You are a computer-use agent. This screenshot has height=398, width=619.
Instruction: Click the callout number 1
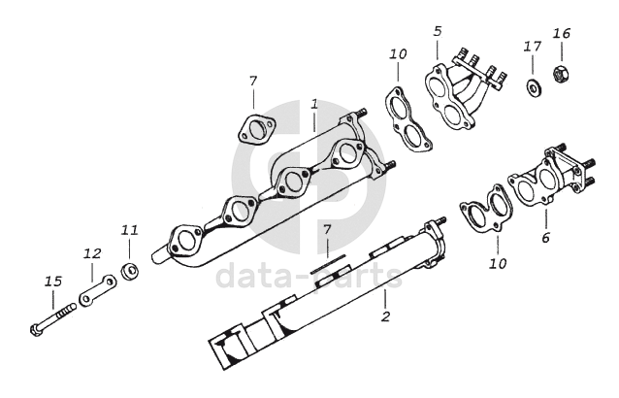(314, 102)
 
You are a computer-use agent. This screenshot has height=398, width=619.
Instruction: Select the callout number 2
(385, 316)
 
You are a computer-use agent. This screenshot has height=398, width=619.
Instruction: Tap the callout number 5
(438, 31)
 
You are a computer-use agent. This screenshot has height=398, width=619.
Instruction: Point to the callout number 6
(545, 237)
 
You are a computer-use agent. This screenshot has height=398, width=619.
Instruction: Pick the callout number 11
(130, 230)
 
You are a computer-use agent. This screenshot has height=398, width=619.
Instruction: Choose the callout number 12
(92, 253)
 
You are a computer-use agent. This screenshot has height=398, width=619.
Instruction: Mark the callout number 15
(53, 282)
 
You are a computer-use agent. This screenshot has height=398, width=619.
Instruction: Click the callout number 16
(562, 33)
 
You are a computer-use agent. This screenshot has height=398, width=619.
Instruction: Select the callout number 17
(532, 46)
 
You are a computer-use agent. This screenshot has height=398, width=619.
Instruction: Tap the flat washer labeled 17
(534, 88)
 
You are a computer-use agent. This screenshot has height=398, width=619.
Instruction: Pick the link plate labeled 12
(98, 290)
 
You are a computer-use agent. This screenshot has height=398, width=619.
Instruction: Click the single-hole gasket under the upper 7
(255, 129)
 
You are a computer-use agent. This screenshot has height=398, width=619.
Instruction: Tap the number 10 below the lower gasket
(498, 263)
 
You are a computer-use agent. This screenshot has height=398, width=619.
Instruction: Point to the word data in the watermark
(250, 277)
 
